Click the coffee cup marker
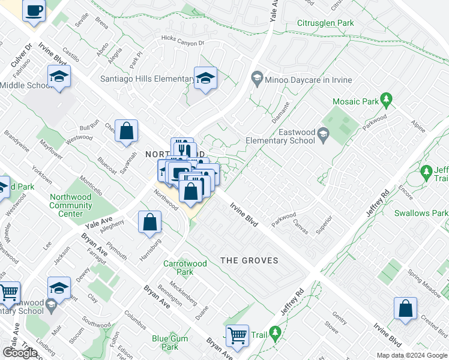(34, 11)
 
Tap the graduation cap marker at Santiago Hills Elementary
(205, 79)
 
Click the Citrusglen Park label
(325, 23)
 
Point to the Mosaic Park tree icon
(387, 98)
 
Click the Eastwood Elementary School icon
(324, 133)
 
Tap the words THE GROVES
(249, 260)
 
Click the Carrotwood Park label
(185, 268)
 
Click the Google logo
(20, 353)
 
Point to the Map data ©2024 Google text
(411, 355)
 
